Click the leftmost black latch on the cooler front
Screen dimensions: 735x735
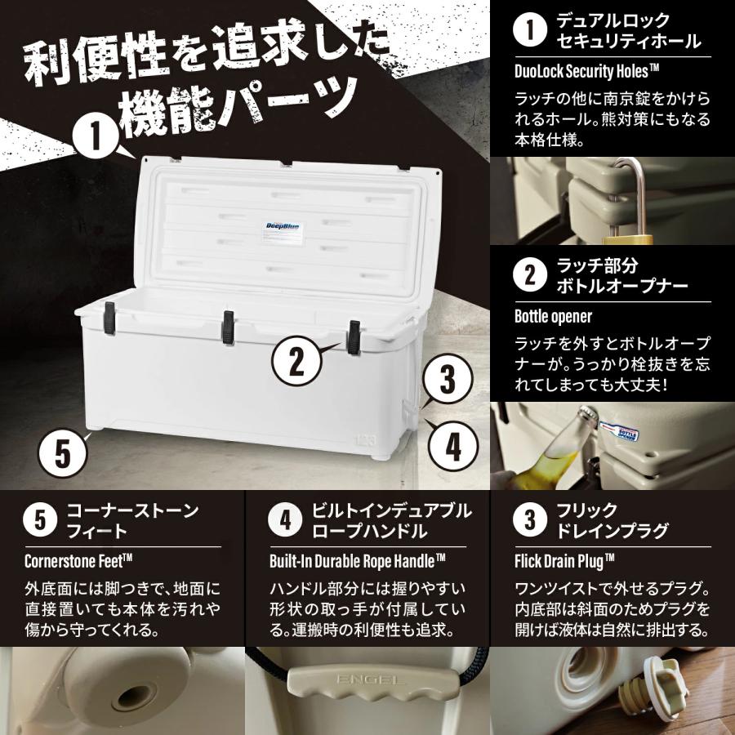pyautogui.click(x=109, y=316)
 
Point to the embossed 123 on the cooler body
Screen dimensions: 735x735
pyautogui.click(x=364, y=441)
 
